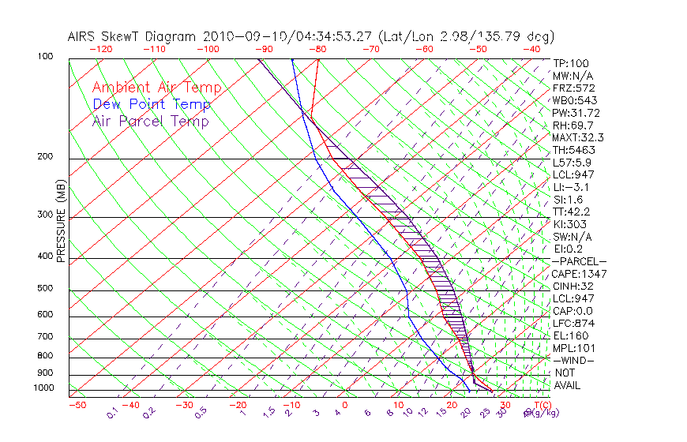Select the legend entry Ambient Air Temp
[x=157, y=88]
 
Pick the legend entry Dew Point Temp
[x=152, y=104]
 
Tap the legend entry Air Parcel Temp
[x=151, y=121]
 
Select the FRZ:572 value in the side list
[x=574, y=88]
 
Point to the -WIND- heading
[x=574, y=360]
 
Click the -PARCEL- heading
[x=579, y=261]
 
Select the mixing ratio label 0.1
[x=113, y=412]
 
